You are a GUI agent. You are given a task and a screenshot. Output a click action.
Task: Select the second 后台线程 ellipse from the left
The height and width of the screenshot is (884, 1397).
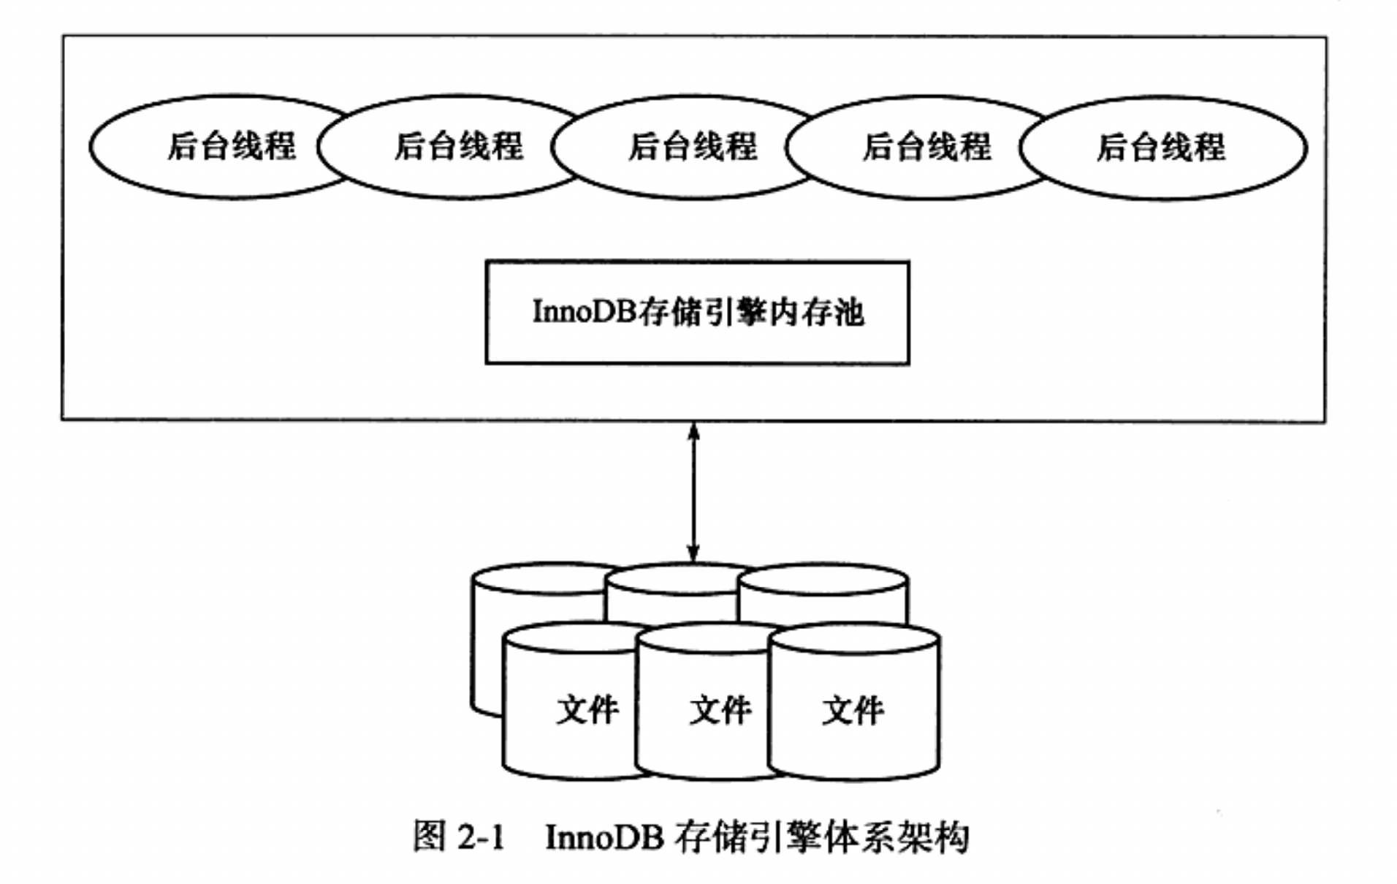tap(458, 146)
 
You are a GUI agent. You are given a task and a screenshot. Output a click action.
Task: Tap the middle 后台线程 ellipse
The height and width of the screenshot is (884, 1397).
tap(692, 146)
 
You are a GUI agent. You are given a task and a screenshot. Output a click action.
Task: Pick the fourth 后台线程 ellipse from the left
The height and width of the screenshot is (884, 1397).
tap(926, 146)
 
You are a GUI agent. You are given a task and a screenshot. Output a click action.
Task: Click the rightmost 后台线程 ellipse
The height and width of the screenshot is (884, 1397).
tap(1162, 146)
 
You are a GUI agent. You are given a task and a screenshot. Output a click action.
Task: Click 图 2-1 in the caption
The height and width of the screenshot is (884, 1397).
tap(459, 836)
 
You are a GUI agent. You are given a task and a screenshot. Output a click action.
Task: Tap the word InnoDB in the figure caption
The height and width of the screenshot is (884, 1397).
tap(604, 837)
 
